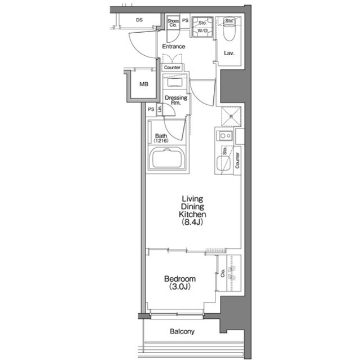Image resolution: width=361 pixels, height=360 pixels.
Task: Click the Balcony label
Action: click(182, 331)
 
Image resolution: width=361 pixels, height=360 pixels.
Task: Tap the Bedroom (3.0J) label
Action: click(180, 283)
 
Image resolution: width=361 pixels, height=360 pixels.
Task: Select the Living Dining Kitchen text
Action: click(192, 206)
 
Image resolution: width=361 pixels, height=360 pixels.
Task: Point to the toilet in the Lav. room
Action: click(229, 29)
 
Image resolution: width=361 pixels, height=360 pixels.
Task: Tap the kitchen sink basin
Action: click(223, 164)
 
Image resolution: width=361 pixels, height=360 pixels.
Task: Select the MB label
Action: click(144, 84)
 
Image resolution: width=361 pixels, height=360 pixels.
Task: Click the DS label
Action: click(139, 20)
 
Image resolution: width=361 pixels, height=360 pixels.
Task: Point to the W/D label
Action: click(202, 30)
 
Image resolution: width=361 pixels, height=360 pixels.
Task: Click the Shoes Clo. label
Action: click(173, 23)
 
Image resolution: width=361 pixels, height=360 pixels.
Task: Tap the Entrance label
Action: click(174, 46)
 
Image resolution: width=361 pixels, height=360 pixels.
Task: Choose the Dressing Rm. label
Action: click(176, 100)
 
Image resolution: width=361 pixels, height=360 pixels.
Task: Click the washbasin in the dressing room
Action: click(175, 82)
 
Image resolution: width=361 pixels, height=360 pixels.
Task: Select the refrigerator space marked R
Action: click(231, 117)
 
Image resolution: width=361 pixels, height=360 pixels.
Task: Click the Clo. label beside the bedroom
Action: click(223, 273)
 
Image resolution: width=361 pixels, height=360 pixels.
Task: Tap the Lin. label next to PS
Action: click(159, 109)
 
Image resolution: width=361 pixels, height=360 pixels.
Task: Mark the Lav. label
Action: click(229, 54)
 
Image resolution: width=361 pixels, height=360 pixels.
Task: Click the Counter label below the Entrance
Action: click(172, 68)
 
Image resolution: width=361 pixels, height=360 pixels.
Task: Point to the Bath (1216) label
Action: click(161, 138)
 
